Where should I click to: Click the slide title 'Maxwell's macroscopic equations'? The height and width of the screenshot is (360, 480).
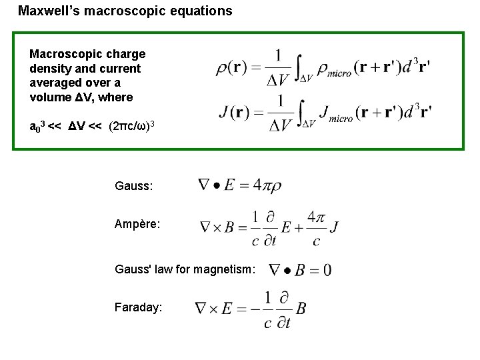tap(125, 11)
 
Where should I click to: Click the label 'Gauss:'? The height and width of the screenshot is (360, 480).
tap(134, 188)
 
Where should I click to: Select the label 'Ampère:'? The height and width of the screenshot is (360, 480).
tap(137, 225)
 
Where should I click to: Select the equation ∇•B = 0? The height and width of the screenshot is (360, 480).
tap(299, 269)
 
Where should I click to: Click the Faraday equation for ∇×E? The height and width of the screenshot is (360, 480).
tap(250, 308)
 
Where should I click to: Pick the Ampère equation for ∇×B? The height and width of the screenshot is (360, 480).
tap(269, 227)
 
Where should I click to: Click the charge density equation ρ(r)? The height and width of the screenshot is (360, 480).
tap(323, 67)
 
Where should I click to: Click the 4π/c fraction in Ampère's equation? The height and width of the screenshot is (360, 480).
tap(315, 227)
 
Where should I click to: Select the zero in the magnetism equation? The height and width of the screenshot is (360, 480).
tap(326, 270)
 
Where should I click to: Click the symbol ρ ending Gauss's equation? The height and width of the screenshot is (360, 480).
tap(275, 187)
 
